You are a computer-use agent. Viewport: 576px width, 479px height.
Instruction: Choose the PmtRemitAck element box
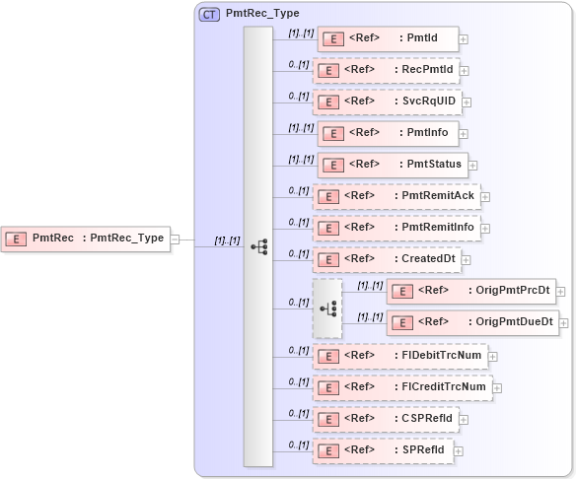pyautogui.click(x=396, y=196)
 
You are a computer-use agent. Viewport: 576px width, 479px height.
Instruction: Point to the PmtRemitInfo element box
pyautogui.click(x=396, y=228)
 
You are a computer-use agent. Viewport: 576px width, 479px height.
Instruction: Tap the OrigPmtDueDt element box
pyautogui.click(x=471, y=321)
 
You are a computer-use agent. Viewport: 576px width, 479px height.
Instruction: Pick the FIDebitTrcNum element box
pyautogui.click(x=399, y=356)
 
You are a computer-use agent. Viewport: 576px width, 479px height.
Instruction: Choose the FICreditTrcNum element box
pyautogui.click(x=401, y=387)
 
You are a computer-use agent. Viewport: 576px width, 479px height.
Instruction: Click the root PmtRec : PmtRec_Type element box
pyautogui.click(x=85, y=238)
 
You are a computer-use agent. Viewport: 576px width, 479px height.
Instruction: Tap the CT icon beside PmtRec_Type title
pyautogui.click(x=209, y=15)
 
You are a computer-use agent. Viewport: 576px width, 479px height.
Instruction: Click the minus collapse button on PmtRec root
pyautogui.click(x=175, y=238)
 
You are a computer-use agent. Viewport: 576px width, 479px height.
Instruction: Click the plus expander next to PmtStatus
pyautogui.click(x=472, y=166)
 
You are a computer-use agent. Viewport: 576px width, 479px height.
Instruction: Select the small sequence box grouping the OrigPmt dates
pyautogui.click(x=327, y=308)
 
